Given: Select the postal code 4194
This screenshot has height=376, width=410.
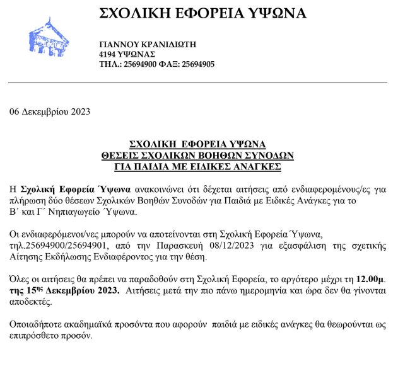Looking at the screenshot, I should (108, 54).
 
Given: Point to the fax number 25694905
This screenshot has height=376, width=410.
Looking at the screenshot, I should (198, 64).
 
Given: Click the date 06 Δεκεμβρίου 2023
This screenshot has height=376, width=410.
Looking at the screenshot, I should (50, 112).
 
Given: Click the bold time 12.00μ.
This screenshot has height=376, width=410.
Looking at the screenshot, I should (369, 279).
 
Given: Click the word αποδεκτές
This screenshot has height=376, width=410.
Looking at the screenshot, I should (30, 302).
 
